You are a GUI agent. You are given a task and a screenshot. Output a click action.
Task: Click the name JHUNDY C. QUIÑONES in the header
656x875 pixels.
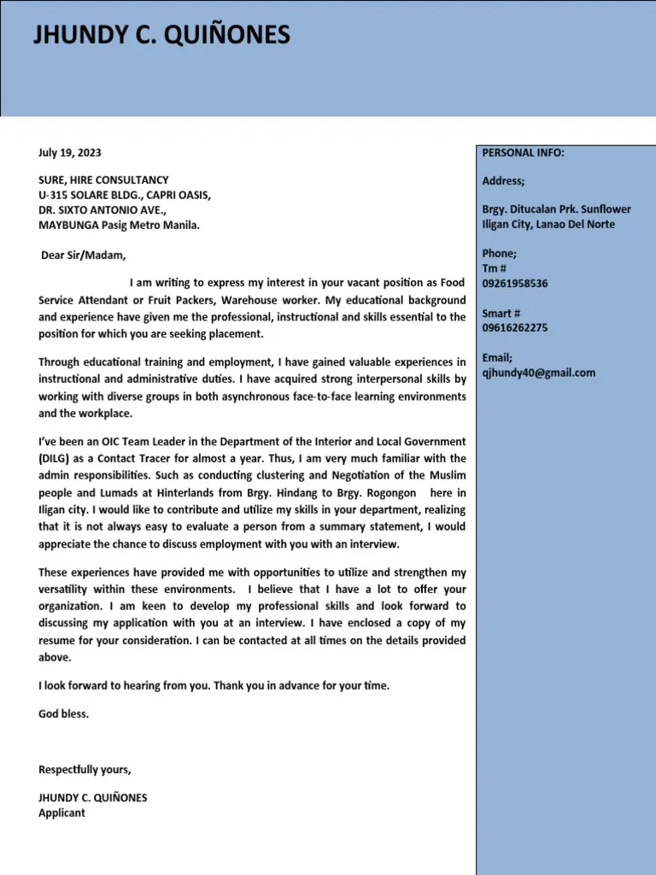click(161, 36)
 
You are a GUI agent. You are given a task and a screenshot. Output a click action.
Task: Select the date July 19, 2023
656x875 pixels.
click(69, 153)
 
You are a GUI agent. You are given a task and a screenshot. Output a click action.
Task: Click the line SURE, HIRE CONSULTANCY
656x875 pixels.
click(103, 180)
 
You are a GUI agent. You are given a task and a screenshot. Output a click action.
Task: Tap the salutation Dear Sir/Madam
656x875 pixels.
click(83, 255)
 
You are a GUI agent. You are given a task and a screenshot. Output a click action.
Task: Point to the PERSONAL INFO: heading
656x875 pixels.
click(523, 153)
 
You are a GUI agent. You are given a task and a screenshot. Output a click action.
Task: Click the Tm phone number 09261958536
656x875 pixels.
click(515, 284)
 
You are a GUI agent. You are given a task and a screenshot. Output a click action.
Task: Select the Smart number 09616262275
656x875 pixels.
click(515, 328)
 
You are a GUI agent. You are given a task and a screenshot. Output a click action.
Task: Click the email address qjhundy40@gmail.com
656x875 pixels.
click(539, 373)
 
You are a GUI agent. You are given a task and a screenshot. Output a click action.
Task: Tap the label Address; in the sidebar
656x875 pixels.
click(504, 181)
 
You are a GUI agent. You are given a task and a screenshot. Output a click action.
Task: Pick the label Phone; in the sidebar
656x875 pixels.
click(500, 254)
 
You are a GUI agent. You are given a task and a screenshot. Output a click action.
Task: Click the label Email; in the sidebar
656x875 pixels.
click(497, 358)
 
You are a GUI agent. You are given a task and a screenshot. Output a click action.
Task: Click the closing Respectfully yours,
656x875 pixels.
click(85, 770)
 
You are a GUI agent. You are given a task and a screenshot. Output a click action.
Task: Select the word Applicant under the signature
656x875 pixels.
click(61, 813)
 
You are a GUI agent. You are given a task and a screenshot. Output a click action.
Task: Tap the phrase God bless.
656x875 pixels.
click(63, 714)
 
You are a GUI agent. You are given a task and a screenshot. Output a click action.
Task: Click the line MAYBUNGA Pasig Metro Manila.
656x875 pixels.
click(119, 226)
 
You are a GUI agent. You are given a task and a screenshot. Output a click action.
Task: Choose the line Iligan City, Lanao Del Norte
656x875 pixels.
click(548, 225)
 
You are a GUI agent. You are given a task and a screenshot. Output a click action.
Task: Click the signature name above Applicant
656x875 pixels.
click(92, 798)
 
